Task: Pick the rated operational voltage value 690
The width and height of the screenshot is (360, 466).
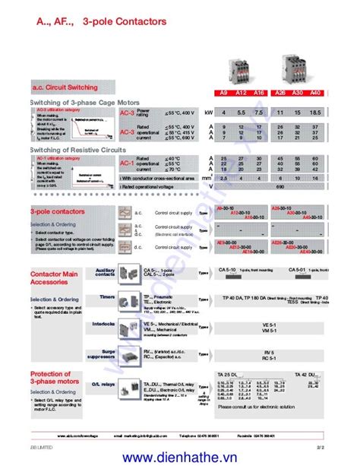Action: click(279, 185)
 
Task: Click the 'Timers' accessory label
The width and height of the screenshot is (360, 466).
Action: click(106, 297)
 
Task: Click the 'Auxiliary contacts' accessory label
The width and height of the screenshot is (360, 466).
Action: click(104, 271)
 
